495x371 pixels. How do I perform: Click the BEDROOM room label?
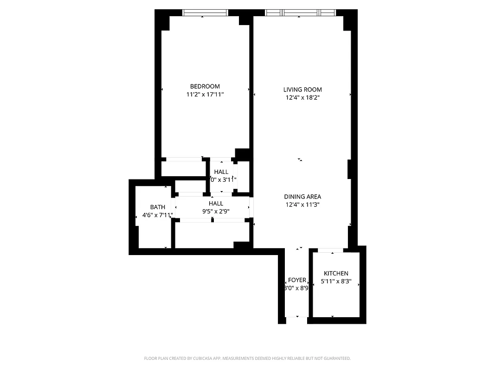click(205, 86)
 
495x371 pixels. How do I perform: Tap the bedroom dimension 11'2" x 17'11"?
click(205, 94)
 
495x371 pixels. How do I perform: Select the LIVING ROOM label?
click(302, 90)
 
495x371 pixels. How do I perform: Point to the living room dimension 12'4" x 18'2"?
click(302, 97)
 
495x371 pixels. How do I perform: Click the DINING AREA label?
click(302, 197)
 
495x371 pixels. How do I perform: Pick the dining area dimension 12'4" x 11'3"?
click(302, 204)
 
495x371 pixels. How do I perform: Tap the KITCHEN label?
click(336, 274)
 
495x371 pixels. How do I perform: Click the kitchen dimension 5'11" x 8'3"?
click(336, 281)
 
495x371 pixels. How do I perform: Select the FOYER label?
click(297, 280)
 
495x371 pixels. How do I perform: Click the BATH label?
click(157, 207)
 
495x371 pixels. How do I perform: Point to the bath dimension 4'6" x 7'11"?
click(157, 215)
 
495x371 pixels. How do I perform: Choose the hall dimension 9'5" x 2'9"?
click(216, 211)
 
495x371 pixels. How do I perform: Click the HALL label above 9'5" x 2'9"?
click(216, 204)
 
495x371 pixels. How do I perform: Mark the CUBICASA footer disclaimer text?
click(247, 358)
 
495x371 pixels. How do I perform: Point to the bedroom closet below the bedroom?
click(183, 168)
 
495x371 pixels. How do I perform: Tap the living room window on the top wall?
click(299, 13)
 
